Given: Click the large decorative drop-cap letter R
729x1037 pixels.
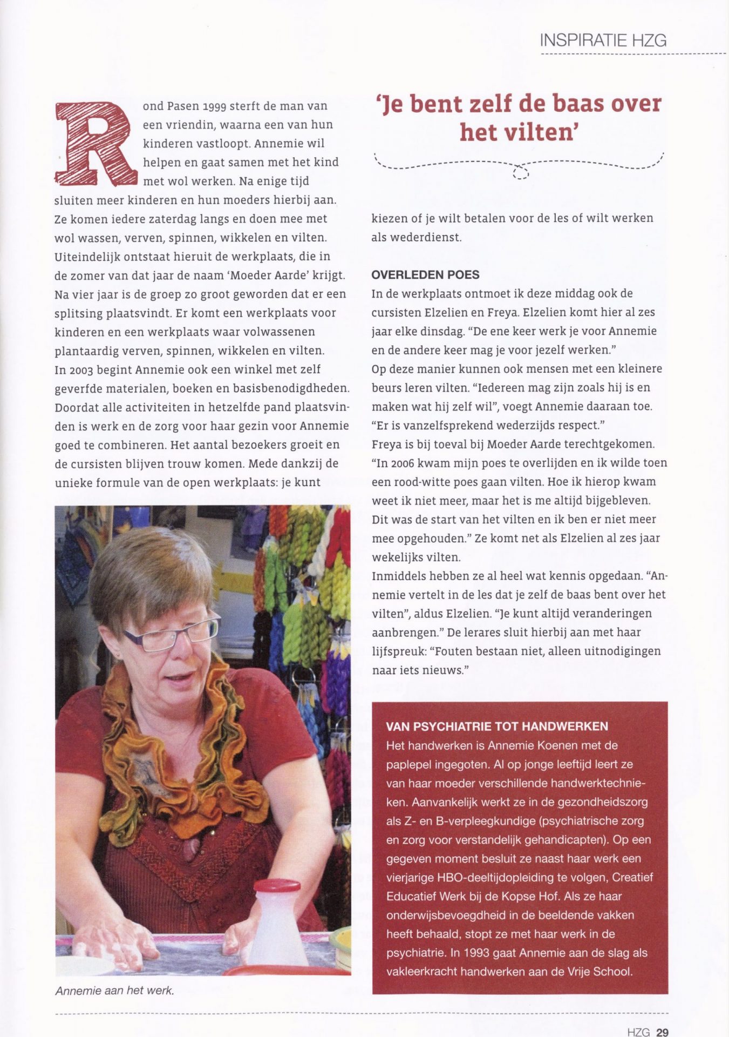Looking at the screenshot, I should pos(96,143).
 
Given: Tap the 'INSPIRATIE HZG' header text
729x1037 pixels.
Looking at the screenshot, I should pos(603,40).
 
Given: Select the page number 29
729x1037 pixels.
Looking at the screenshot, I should pos(662,1032).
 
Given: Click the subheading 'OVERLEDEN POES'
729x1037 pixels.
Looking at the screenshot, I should pos(425,275).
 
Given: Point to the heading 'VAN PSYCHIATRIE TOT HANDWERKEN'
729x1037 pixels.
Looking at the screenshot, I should pos(497,726).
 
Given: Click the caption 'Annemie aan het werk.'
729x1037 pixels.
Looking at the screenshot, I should pos(114,991).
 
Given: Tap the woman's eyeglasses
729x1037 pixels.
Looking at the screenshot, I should pos(172,635).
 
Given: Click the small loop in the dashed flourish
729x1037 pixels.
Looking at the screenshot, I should pos(520,172).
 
